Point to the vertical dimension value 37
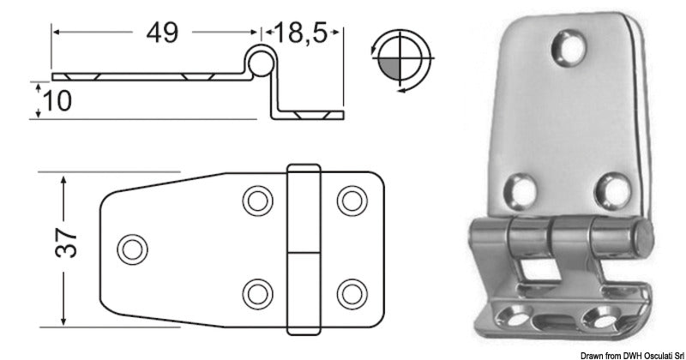point(69,247)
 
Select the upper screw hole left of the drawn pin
point(255,201)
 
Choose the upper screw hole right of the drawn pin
point(349,201)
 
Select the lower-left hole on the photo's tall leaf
point(519,186)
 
